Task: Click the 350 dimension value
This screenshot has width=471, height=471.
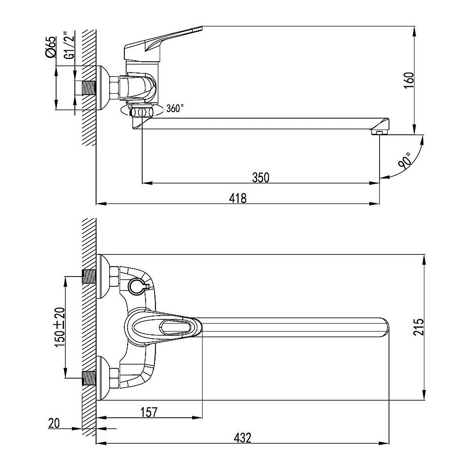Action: [x=260, y=178]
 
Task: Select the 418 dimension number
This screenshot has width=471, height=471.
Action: [x=237, y=198]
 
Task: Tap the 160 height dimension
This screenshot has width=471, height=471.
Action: [x=409, y=81]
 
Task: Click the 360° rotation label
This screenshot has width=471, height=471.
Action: [x=175, y=108]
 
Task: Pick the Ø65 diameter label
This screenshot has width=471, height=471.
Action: [x=50, y=46]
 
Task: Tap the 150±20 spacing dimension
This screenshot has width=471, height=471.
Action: [x=60, y=327]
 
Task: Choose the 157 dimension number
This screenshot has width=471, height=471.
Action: [x=149, y=412]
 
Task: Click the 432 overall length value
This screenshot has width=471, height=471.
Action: [x=243, y=438]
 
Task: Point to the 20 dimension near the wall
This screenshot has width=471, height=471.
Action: [x=54, y=423]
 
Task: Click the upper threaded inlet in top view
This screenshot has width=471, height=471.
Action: [x=89, y=276]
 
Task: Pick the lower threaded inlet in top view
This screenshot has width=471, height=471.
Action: [x=89, y=378]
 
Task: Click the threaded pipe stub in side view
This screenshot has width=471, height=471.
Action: [x=89, y=88]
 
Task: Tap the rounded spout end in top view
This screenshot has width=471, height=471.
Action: [x=384, y=327]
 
